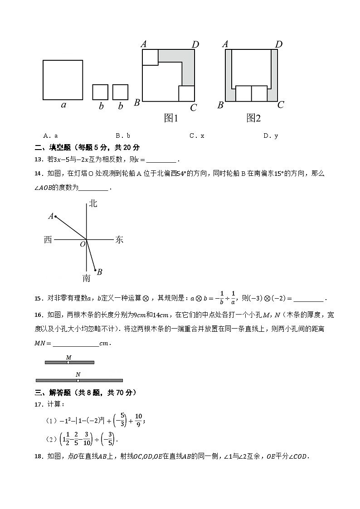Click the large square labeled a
coord(63,80)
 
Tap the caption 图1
coord(171,118)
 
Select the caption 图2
coord(253,118)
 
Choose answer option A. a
coord(50,136)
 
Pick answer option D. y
coord(271,136)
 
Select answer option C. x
coord(197,136)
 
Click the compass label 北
coord(93,204)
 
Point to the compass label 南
coord(86,278)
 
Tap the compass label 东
coord(119,240)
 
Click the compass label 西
coord(48,240)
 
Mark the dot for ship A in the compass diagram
coord(55,217)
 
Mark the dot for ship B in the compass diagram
coord(95,270)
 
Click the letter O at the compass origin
coord(83,244)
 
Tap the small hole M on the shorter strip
coord(68,362)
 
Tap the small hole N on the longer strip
coord(78,380)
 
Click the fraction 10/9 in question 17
coord(139,420)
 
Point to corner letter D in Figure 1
coord(195,44)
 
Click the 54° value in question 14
coord(181,174)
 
